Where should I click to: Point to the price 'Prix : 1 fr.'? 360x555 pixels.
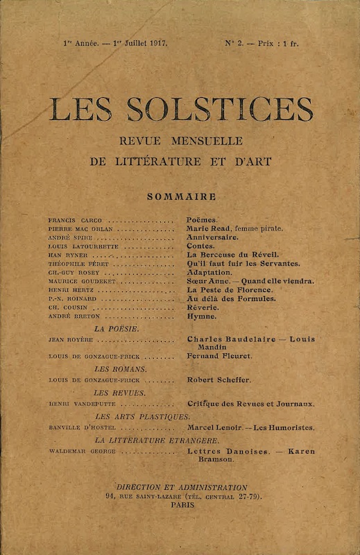[276, 43]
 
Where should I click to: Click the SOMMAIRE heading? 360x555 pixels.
[180, 196]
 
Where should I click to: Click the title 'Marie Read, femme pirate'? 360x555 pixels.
[234, 228]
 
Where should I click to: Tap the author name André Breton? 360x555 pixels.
[69, 316]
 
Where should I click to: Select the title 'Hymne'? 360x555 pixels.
[202, 316]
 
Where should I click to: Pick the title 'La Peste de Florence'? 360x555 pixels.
[230, 289]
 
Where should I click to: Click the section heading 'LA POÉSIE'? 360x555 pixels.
[117, 328]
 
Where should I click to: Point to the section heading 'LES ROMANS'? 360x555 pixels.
[120, 369]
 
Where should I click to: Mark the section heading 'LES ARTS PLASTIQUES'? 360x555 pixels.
[142, 416]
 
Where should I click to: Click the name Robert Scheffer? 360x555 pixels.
[219, 380]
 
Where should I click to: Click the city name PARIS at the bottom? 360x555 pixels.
[182, 506]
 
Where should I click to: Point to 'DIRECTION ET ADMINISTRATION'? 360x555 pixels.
[182, 488]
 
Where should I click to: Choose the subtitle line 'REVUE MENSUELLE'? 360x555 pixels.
[180, 141]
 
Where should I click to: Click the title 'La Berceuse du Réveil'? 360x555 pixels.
[232, 255]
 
